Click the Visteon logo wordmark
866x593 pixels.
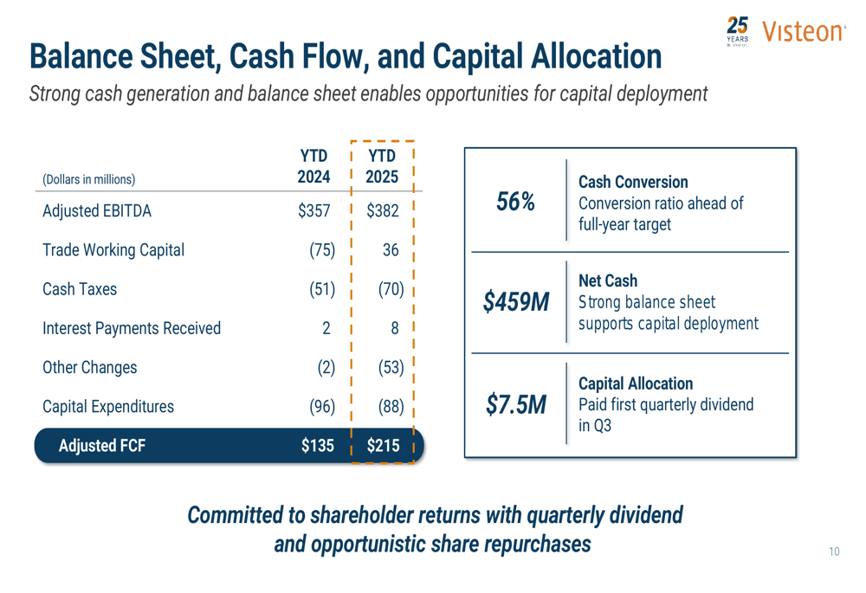coord(803,32)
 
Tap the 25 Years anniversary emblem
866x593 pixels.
coord(738,32)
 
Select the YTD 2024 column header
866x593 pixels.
coord(313,166)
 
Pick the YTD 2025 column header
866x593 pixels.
coord(382,166)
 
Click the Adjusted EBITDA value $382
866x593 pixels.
coord(383,211)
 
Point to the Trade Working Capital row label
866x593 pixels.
coord(113,250)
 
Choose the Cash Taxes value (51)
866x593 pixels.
coord(321,289)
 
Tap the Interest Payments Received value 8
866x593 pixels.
coord(395,328)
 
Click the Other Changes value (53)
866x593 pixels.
coord(391,367)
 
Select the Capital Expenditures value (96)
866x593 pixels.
coord(321,406)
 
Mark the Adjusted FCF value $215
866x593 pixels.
coord(383,446)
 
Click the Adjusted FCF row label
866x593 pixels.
coord(101,446)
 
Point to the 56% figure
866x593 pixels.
coord(515,203)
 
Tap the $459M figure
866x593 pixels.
coord(516,302)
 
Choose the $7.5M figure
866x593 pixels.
coord(515,404)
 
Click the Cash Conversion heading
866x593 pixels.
coord(633,182)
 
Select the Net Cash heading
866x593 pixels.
coord(607,280)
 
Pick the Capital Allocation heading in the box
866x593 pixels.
coord(635,383)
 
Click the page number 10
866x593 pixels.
coord(834,551)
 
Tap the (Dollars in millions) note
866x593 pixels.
coord(88,179)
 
